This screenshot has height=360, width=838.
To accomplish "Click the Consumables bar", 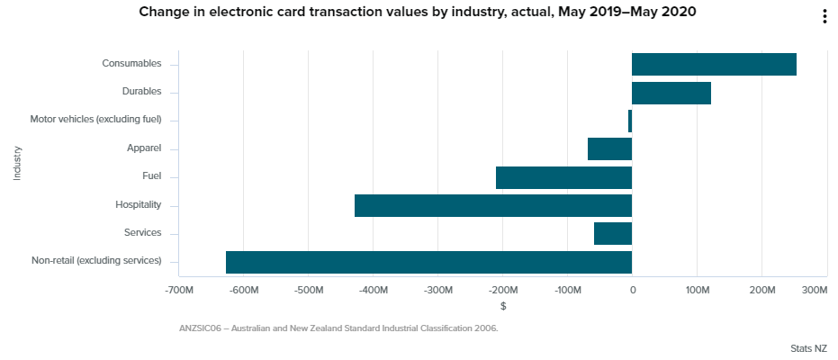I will [714, 64].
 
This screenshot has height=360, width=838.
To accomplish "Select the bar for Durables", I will [671, 93].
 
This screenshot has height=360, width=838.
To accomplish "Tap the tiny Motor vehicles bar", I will [630, 121].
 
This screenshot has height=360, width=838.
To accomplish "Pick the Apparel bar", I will [609, 148].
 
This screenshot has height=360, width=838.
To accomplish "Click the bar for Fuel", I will [563, 177].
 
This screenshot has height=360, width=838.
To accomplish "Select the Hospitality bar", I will [493, 205].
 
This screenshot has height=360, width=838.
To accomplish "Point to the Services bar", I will [613, 233].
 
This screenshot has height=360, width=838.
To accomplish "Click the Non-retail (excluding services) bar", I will [428, 262].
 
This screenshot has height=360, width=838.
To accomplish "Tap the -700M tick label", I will [180, 291].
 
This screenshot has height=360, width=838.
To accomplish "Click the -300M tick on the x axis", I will [437, 291].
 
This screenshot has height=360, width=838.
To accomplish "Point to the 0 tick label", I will [632, 291].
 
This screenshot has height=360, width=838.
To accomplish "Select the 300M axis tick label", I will [813, 291].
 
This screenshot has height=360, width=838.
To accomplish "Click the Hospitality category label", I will [139, 204].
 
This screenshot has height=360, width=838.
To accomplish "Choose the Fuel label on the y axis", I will [152, 176].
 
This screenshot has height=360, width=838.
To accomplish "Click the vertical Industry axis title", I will [17, 163].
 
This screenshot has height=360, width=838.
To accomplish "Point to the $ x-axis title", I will [503, 306].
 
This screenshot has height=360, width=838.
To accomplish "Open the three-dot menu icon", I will [824, 17].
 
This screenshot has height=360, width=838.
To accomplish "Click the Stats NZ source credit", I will [808, 346].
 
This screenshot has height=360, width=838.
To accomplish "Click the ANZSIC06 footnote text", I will [338, 328].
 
